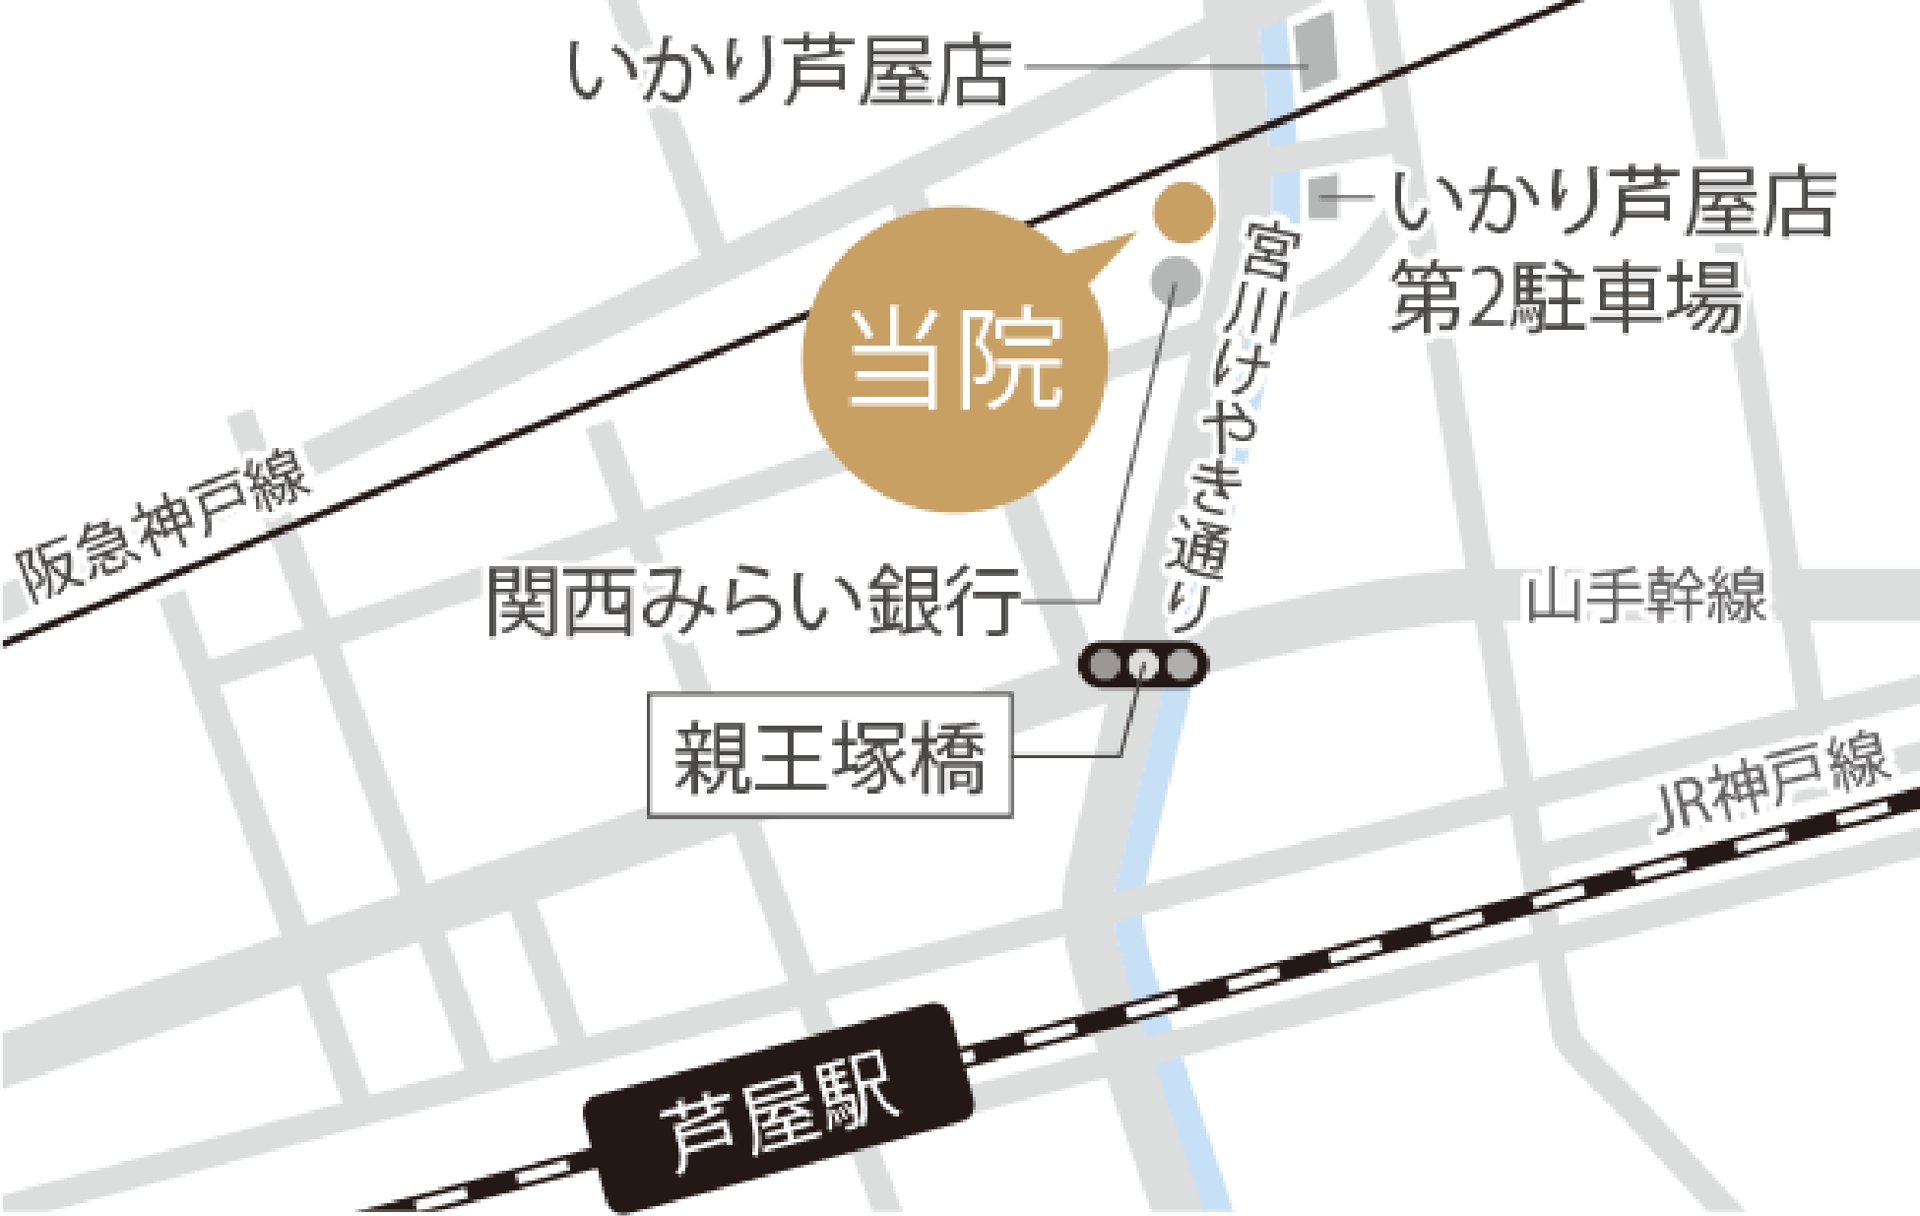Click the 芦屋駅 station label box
click(779, 1108)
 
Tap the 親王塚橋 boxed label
click(829, 755)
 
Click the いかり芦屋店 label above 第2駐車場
click(1614, 205)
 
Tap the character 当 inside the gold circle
click(896, 361)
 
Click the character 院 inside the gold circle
click(1015, 361)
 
